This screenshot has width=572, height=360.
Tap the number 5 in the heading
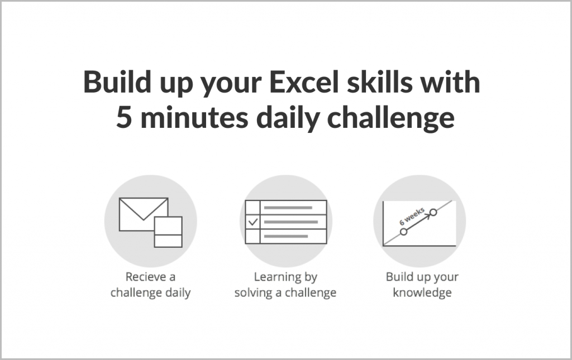(x=124, y=118)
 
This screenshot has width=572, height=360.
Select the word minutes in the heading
(x=194, y=118)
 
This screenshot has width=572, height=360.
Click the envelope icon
(x=144, y=214)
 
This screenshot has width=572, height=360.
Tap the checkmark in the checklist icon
(x=253, y=222)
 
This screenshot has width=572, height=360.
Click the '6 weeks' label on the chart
(x=412, y=217)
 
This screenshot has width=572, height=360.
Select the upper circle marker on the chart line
(x=433, y=212)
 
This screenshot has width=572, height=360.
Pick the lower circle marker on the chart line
(x=403, y=232)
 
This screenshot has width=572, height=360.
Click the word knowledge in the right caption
(x=422, y=293)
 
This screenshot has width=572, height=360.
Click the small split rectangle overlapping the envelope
(x=168, y=232)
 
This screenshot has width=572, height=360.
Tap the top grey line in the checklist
(x=288, y=208)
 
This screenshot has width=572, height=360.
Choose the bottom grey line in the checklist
(x=285, y=237)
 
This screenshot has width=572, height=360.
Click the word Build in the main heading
(x=117, y=82)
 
